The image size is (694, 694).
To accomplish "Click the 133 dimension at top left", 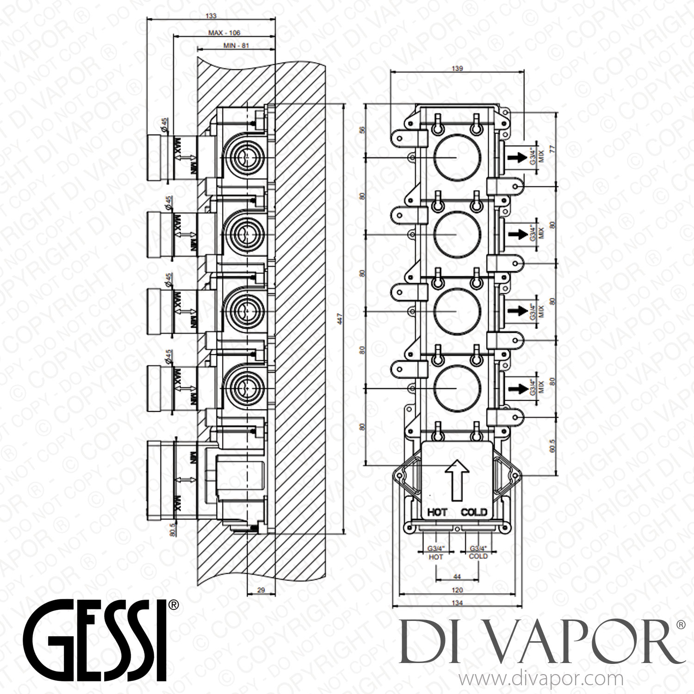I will pyautogui.click(x=211, y=16).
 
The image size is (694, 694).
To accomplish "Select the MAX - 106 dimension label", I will pyautogui.click(x=224, y=33).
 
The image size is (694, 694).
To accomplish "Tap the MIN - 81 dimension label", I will pyautogui.click(x=236, y=46).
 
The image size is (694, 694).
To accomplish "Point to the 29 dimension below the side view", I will pyautogui.click(x=261, y=590).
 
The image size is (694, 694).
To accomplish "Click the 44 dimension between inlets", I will pyautogui.click(x=457, y=576).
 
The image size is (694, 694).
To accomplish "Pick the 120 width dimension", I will pyautogui.click(x=457, y=590).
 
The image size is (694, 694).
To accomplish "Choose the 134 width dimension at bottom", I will pyautogui.click(x=457, y=603).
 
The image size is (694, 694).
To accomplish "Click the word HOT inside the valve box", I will pyautogui.click(x=437, y=512).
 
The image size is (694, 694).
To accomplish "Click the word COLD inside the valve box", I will pyautogui.click(x=474, y=512).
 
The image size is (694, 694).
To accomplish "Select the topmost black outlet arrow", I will pyautogui.click(x=514, y=158).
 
